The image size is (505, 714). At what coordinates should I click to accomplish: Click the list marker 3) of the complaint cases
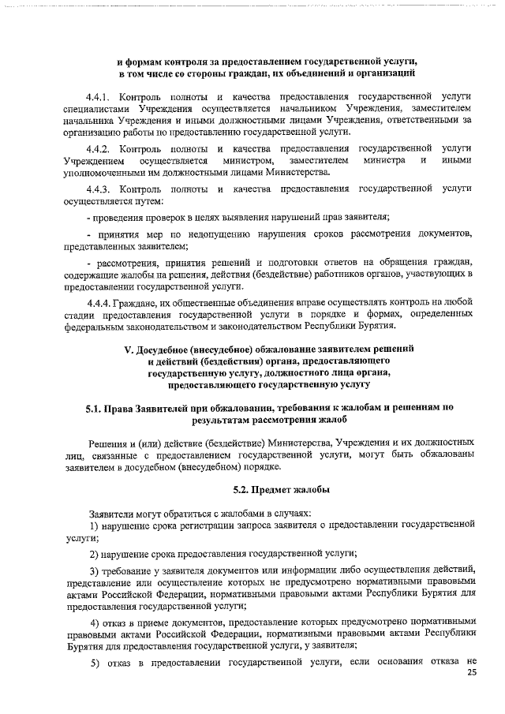(x=94, y=570)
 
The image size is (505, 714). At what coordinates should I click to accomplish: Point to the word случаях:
(x=290, y=510)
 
